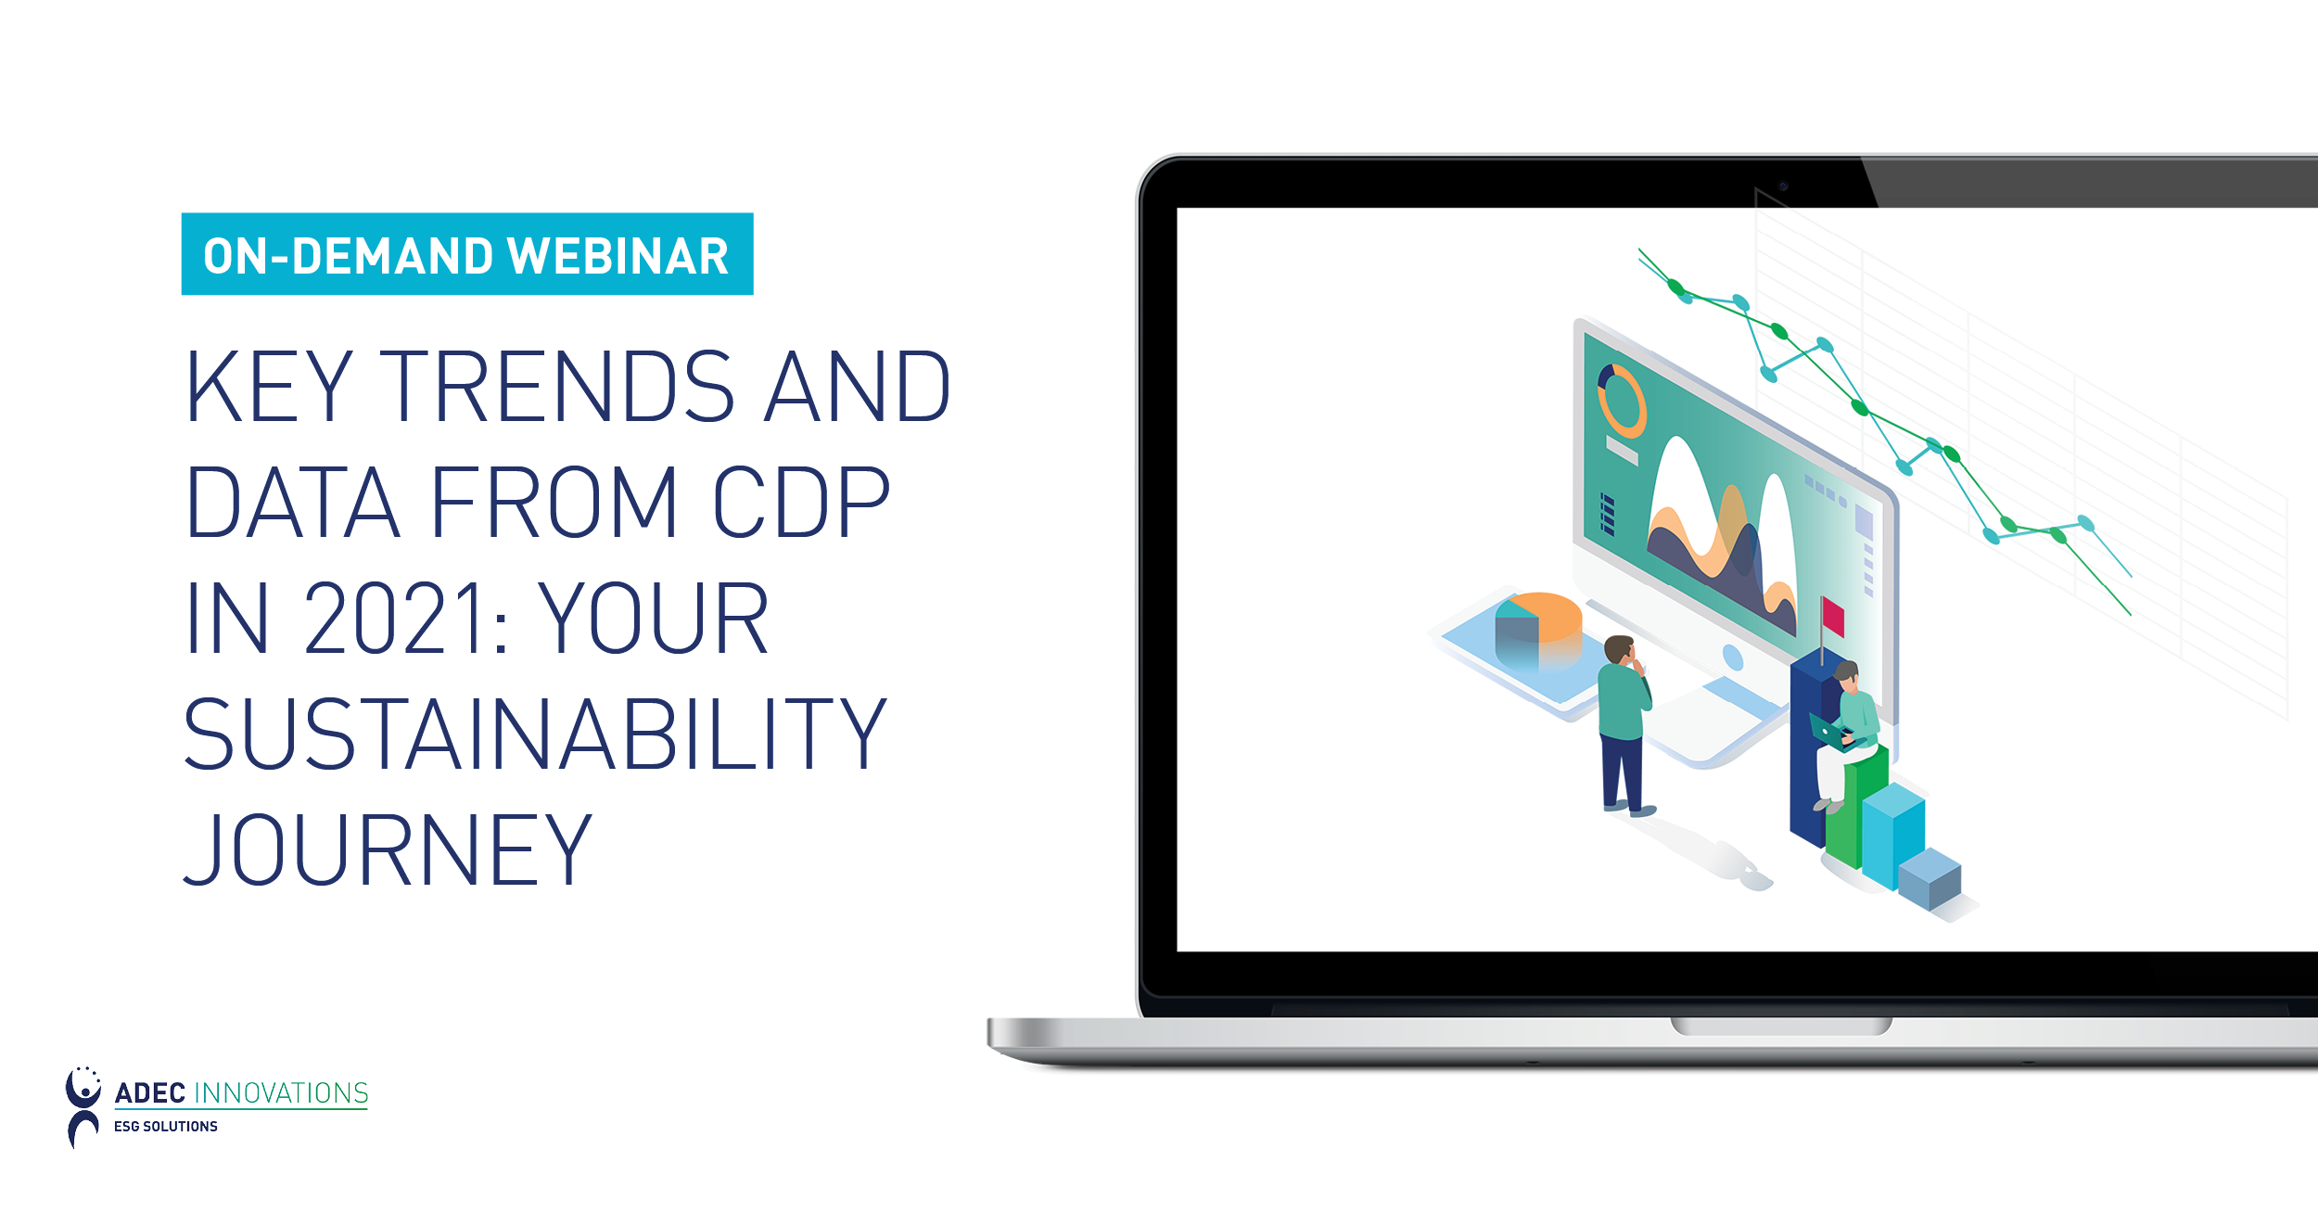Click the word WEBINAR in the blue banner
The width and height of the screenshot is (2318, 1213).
pos(618,256)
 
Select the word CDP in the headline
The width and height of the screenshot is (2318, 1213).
pos(801,502)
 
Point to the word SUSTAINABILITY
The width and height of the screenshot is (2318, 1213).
pos(535,734)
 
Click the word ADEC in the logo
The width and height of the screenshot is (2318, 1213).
pos(150,1093)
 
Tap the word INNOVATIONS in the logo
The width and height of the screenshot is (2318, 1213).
pos(281,1093)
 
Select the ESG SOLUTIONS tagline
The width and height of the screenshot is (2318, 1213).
pos(166,1127)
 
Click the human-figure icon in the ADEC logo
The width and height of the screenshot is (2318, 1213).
pos(83,1107)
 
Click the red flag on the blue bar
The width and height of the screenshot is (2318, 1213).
pos(1832,617)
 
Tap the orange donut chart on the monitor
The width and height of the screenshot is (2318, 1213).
pos(1621,401)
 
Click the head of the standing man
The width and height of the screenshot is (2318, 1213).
pos(1619,649)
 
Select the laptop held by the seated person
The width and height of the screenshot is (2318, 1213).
pos(1829,733)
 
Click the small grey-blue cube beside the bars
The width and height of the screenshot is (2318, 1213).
pos(1930,878)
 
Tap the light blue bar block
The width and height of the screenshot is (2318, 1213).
pos(1893,836)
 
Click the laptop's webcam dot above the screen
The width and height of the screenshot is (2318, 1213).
pos(1783,186)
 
